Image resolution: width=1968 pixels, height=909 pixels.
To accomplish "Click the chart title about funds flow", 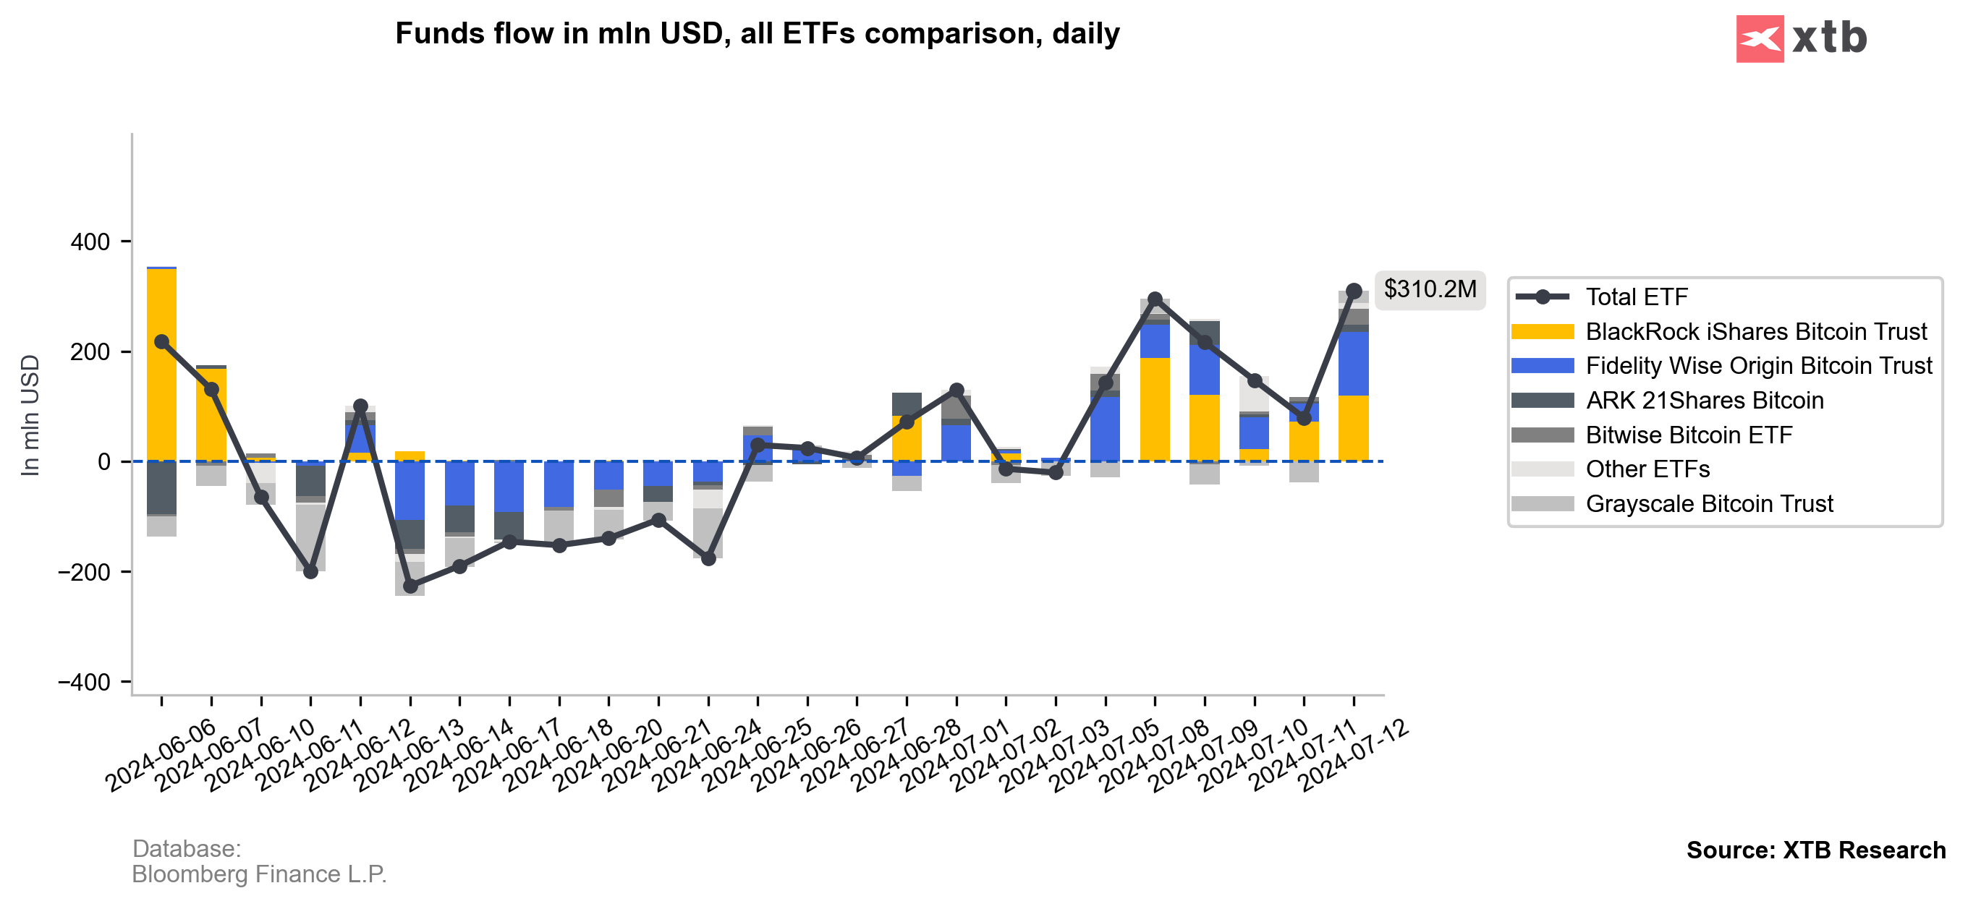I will pos(756,33).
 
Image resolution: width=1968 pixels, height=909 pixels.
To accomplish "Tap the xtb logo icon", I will pos(1760,38).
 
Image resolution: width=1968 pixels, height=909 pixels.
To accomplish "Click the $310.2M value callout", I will pos(1430,289).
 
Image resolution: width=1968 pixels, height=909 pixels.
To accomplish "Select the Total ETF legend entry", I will pos(1636,297).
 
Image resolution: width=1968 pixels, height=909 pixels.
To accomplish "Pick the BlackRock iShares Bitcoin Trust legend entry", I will pos(1755,331).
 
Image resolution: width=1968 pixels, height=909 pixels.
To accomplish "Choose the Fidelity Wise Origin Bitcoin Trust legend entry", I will pos(1758,366).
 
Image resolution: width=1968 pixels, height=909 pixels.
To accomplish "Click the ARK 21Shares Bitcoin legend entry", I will pos(1704,401).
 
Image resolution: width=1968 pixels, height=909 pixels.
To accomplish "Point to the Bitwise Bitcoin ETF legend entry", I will pos(1689,435).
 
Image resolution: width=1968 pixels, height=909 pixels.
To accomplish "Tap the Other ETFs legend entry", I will pos(1647,469).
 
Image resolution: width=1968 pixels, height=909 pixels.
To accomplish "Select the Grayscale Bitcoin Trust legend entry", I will pos(1708,503).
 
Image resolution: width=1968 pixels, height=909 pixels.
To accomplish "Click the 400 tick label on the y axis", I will pos(90,242).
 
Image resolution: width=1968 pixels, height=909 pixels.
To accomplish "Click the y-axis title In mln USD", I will pos(30,415).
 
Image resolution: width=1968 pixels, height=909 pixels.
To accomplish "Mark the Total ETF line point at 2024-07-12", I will pos(1353,291).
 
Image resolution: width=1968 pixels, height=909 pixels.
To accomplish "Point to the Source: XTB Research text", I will pos(1815,850).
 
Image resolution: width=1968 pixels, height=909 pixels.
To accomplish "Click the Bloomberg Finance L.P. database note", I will pos(259,874).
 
